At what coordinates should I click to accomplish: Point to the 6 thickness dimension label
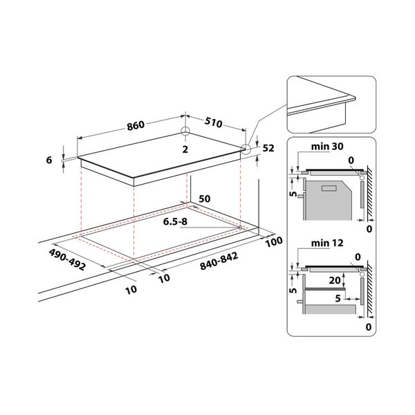48,160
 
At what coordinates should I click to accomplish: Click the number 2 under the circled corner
185,149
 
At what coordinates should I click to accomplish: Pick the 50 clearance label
204,199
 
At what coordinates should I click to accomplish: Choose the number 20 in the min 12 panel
334,281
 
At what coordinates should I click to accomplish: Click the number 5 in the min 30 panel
293,194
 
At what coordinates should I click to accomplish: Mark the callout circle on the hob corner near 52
247,148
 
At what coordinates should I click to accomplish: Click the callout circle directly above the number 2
185,133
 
